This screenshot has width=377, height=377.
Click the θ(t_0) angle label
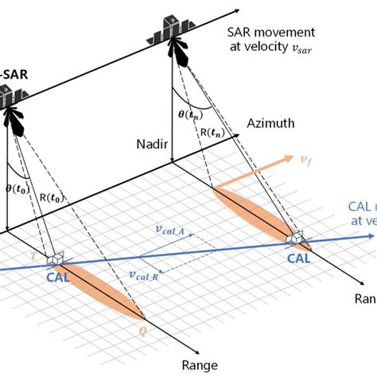point(17,191)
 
